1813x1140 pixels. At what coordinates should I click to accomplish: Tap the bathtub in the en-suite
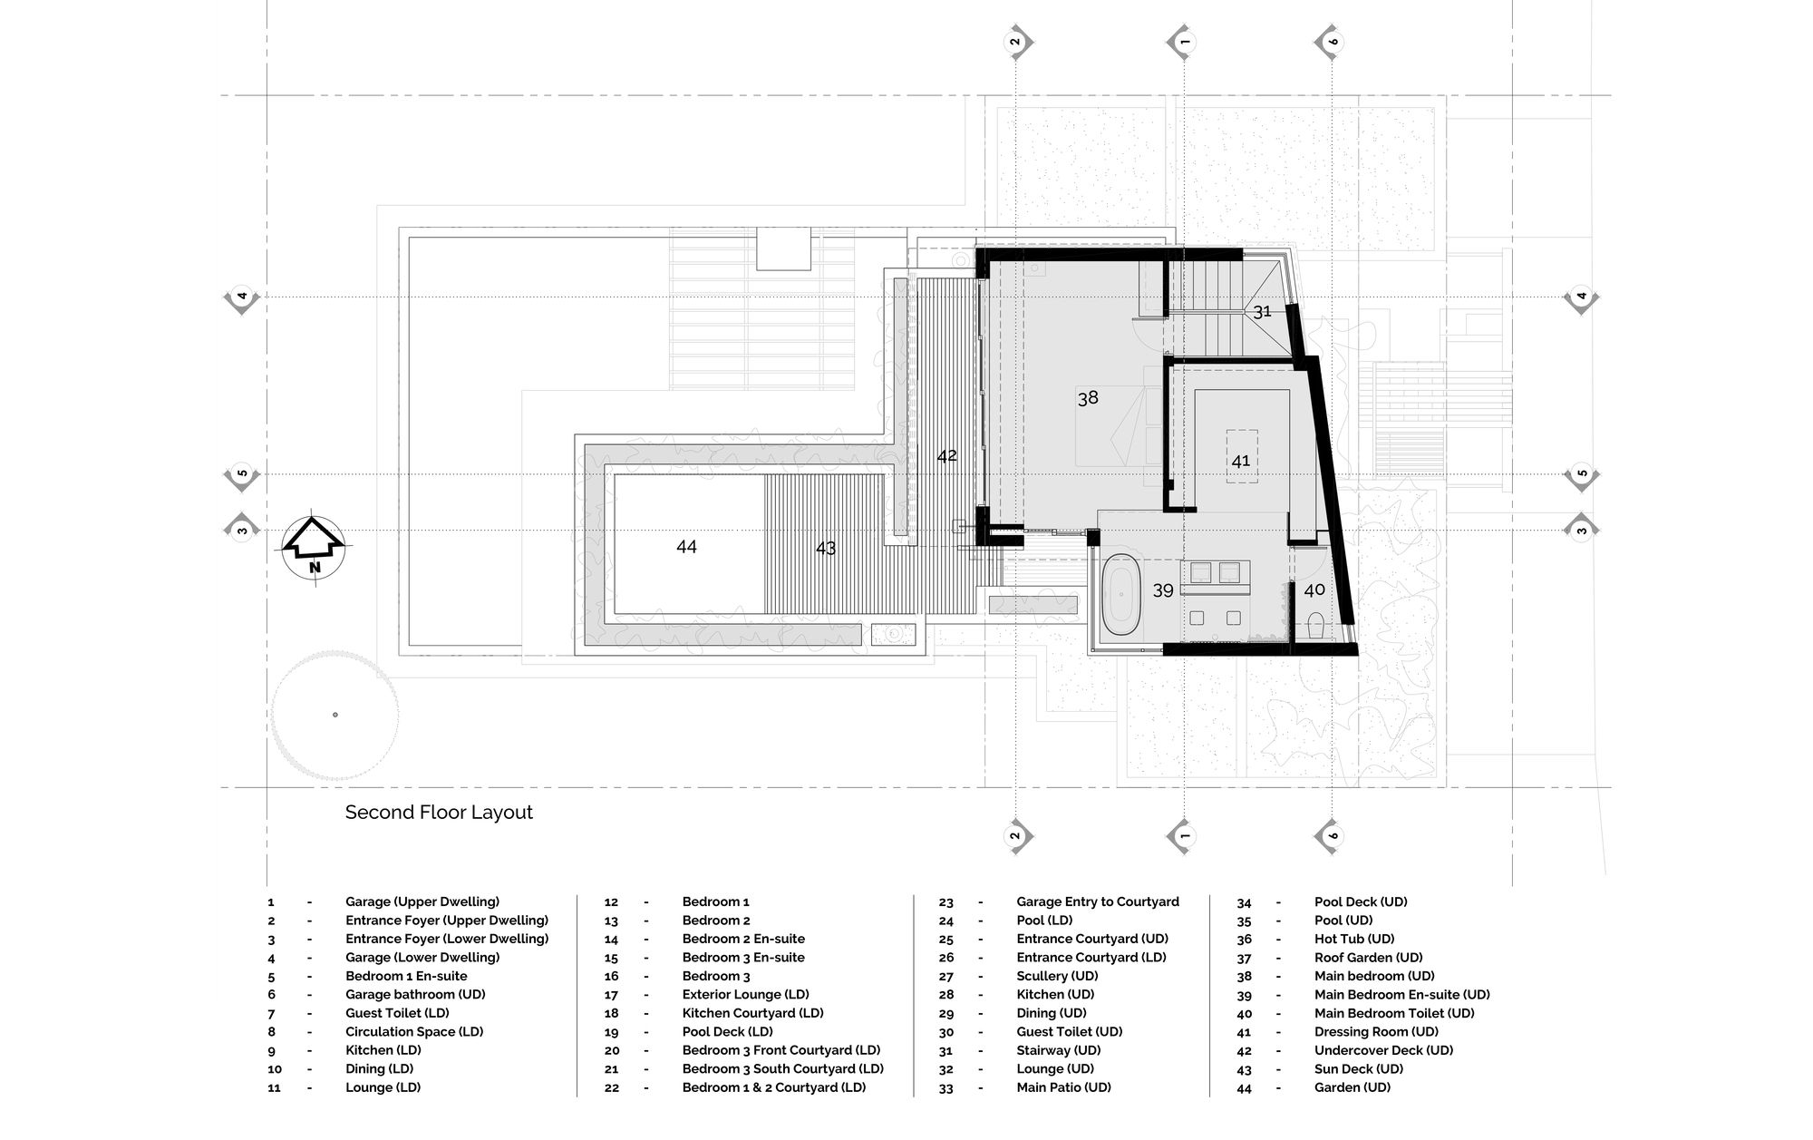[1121, 594]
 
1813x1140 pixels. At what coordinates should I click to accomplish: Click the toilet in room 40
[1316, 625]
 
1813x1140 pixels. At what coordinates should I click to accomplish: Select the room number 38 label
[1088, 397]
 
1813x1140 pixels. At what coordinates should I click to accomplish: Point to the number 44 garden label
[686, 547]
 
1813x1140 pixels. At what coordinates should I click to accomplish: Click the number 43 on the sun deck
[825, 549]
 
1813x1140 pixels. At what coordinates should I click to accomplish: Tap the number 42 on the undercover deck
[946, 456]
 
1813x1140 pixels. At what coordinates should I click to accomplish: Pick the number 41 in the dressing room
[1241, 461]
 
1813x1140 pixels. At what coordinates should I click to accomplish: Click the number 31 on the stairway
[1262, 312]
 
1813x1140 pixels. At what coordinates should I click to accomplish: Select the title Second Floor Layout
[439, 813]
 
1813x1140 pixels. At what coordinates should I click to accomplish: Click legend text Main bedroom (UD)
[1374, 976]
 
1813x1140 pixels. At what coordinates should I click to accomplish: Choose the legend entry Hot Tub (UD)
[1354, 939]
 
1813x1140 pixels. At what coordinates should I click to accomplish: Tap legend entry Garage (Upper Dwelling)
[422, 902]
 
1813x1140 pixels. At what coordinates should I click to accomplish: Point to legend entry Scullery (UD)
[1057, 976]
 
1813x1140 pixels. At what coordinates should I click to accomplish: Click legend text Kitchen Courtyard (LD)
[752, 1013]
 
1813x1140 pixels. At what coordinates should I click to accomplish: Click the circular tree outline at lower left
[334, 715]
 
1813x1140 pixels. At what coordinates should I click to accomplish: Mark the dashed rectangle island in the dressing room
[1242, 455]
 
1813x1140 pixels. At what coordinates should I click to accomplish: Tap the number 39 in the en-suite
[1163, 591]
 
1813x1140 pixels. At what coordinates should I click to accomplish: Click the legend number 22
[612, 1087]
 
